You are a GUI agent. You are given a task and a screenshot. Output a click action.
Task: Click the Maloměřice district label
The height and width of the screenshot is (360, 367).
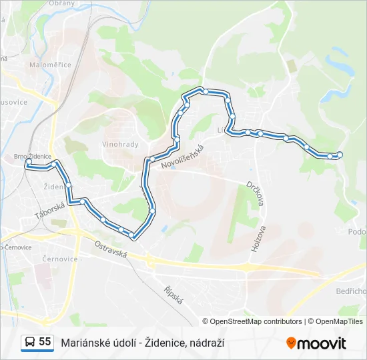45,65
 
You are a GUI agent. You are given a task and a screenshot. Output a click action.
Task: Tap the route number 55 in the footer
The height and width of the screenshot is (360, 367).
45,341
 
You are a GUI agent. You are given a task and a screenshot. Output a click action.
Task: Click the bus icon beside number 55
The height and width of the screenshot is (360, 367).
30,342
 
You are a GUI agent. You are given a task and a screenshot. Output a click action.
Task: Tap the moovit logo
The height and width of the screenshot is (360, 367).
316,343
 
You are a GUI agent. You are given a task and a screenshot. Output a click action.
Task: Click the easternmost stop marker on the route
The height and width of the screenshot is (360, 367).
340,155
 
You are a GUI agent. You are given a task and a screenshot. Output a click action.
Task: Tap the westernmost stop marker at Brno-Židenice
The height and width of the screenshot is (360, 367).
28,162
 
